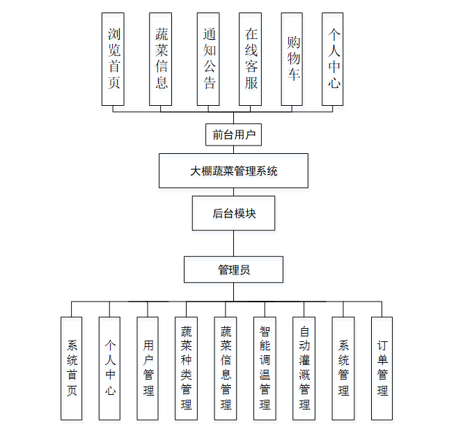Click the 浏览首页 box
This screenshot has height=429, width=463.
[113, 58]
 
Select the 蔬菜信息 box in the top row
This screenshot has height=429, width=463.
[161, 58]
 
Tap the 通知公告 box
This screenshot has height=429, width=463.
[208, 58]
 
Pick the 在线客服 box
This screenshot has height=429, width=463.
[250, 58]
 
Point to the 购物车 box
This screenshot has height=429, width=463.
[292, 58]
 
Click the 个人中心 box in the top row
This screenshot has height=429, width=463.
[333, 58]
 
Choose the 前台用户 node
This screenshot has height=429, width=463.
[234, 134]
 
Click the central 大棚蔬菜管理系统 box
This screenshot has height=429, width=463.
[233, 171]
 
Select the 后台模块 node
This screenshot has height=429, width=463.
[233, 213]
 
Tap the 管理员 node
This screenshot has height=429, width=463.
[233, 270]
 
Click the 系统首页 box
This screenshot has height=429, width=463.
[72, 368]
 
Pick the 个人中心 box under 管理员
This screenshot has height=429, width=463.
[110, 368]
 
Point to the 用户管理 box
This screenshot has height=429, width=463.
[148, 368]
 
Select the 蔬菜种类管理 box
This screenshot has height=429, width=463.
[186, 368]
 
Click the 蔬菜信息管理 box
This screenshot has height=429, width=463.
[226, 368]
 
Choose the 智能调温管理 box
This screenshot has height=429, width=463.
[265, 368]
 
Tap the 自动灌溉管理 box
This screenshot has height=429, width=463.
[304, 368]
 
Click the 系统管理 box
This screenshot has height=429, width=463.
[343, 368]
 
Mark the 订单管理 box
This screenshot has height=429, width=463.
[382, 368]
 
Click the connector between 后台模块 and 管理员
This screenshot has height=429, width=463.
[233, 243]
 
